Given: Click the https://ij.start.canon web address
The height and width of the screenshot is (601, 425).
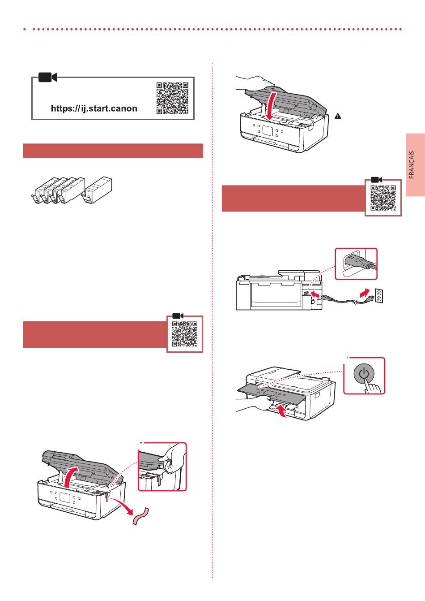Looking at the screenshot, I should click(x=94, y=108).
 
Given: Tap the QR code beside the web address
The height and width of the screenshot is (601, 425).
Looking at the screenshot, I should click(x=172, y=98).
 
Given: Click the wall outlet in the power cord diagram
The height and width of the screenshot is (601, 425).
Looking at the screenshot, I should click(x=378, y=295).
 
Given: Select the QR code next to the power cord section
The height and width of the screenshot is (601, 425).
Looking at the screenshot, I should click(x=383, y=197).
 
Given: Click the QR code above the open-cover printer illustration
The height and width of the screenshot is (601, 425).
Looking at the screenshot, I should click(x=185, y=334).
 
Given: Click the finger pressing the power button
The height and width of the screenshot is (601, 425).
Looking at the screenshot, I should click(x=372, y=386).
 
